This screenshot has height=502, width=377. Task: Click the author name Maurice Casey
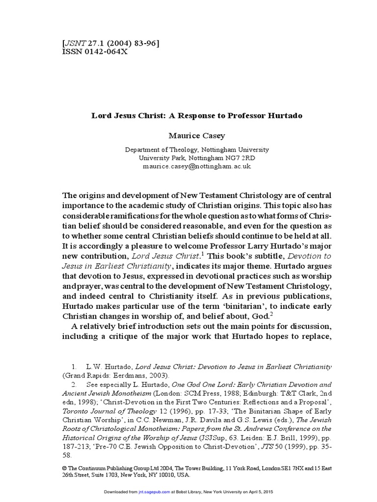coord(189,134)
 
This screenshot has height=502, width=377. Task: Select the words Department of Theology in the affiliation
coord(158,150)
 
